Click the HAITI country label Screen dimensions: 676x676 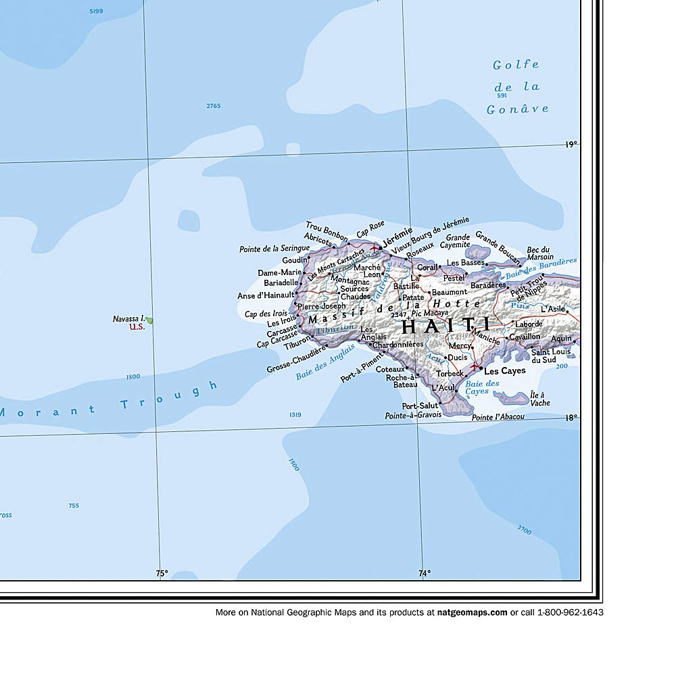pyautogui.click(x=445, y=326)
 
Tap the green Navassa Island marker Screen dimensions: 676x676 pyautogui.click(x=149, y=320)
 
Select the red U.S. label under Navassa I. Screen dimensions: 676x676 pyautogui.click(x=137, y=327)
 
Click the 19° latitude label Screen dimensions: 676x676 pyautogui.click(x=571, y=144)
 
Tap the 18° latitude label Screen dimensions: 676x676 pyautogui.click(x=571, y=418)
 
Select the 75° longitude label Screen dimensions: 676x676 pyautogui.click(x=162, y=573)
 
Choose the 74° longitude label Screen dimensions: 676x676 pyautogui.click(x=424, y=573)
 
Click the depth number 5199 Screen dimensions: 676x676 pyautogui.click(x=96, y=11)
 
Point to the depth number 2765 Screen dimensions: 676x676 pyautogui.click(x=214, y=105)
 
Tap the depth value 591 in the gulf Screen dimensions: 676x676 pyautogui.click(x=502, y=95)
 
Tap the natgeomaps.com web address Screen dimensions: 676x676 pyautogui.click(x=472, y=612)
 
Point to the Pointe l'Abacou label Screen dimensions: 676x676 pyautogui.click(x=498, y=417)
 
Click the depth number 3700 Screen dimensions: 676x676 pyautogui.click(x=523, y=529)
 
